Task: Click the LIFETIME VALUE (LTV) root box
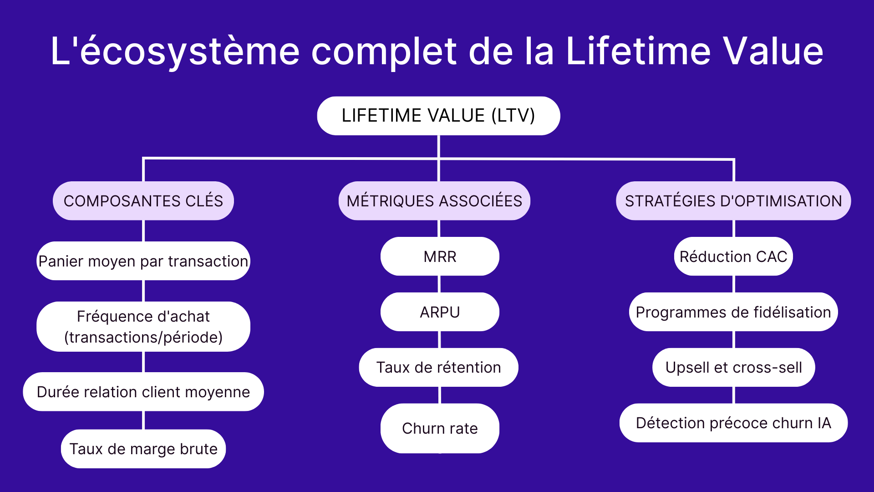(438, 116)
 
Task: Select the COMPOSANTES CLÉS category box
(143, 201)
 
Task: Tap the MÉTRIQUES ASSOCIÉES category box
(434, 201)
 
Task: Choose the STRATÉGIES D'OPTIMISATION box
(733, 201)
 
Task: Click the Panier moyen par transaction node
(143, 261)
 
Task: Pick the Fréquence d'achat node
(143, 327)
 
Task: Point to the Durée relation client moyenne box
(143, 392)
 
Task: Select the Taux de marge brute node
(143, 449)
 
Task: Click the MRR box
(440, 256)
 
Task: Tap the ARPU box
(440, 312)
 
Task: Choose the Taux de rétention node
(438, 367)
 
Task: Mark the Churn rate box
(440, 428)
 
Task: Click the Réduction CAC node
(733, 256)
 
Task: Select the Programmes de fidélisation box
(733, 312)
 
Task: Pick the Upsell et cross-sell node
(733, 367)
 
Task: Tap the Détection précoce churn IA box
(733, 423)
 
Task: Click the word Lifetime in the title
(637, 51)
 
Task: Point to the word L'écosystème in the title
(175, 51)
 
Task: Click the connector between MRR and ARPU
(439, 284)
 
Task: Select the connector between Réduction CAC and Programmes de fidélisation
(734, 284)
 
